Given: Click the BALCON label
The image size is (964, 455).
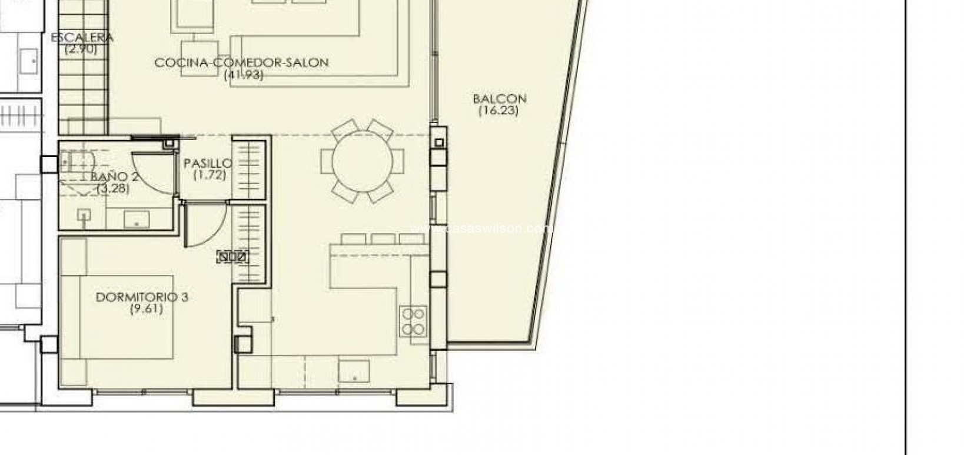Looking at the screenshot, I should tap(499, 99).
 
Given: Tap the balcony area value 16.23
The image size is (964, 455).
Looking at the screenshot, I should tap(498, 110).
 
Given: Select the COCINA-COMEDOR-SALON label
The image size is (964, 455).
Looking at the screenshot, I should tap(241, 62).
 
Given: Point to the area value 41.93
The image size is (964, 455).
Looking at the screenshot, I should tap(244, 75).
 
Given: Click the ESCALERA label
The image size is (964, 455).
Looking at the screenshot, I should tap(82, 38).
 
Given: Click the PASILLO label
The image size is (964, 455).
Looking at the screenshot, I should tap(208, 164).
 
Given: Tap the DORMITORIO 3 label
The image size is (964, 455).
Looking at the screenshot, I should tap(142, 298).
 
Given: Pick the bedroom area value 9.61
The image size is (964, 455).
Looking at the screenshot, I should tap(146, 309).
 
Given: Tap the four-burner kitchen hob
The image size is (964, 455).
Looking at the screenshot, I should tap(413, 321).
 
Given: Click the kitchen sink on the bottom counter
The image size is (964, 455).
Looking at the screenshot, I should tap(354, 371).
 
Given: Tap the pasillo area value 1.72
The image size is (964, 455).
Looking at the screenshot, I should tap(210, 175).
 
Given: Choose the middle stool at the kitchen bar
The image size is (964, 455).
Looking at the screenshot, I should tap(383, 239).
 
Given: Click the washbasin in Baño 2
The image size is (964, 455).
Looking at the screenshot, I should tap(137, 220).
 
